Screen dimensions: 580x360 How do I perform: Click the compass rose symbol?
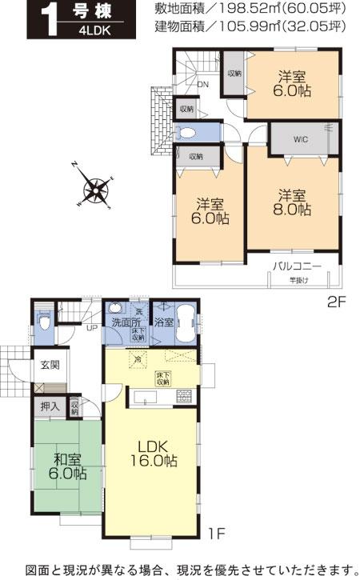coord(95,190)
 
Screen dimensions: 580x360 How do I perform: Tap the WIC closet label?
coord(301,138)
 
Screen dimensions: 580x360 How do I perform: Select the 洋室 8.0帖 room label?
coord(292,202)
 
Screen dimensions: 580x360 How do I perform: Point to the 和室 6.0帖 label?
coord(69,467)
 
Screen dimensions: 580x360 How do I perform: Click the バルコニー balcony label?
coord(296,266)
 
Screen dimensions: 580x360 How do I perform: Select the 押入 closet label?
coord(50,406)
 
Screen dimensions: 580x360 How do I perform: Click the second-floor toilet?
coord(188,134)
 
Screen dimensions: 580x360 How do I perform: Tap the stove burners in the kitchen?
coord(185,395)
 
